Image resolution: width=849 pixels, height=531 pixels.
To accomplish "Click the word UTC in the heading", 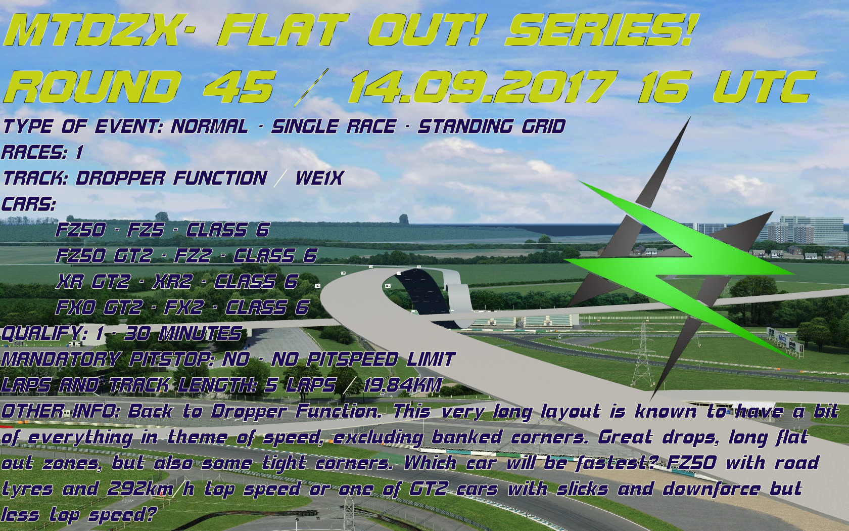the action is (x=763, y=86).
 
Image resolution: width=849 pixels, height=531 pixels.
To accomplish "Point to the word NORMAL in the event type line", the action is (x=209, y=126).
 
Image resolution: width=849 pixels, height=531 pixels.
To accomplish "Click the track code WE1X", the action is (x=319, y=178).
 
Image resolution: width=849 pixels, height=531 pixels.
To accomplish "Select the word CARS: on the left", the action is (x=28, y=204).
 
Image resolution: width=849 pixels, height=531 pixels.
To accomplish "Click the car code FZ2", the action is (x=193, y=256).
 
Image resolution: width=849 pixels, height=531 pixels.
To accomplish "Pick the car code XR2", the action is (x=172, y=281).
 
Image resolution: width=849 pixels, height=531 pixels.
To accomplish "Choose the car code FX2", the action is (x=184, y=307).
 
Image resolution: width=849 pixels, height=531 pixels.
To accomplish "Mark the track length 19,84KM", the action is (x=402, y=385).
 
